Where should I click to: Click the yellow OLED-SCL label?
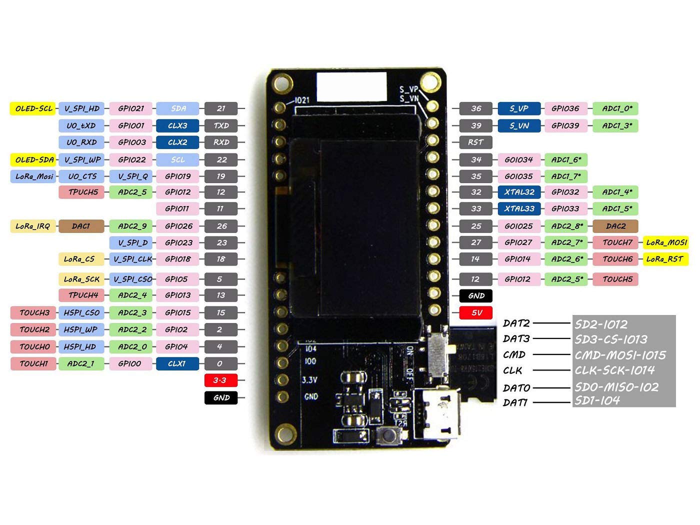[33, 108]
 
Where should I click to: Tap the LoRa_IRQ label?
[33, 226]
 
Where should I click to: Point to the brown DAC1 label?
[81, 226]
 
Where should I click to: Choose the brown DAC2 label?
[615, 226]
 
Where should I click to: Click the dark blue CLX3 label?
[177, 125]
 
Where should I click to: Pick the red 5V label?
[476, 313]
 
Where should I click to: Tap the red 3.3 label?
[220, 380]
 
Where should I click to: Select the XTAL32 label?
[519, 192]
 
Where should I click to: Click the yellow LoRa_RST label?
[664, 259]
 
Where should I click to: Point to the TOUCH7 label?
[617, 242]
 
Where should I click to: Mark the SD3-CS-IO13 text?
[611, 339]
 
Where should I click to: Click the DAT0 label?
[516, 387]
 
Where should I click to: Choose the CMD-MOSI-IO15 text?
[620, 355]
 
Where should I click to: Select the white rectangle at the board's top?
[351, 86]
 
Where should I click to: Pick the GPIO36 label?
[565, 108]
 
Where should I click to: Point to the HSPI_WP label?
[81, 330]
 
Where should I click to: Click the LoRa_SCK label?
[81, 279]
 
